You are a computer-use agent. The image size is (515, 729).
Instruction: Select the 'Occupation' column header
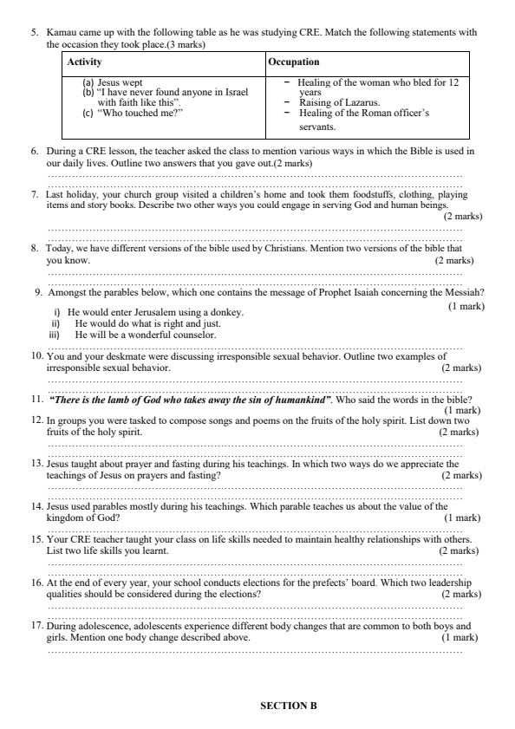(294, 62)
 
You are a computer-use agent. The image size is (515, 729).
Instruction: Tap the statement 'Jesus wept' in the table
(120, 82)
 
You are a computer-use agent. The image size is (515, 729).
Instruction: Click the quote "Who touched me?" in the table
(134, 112)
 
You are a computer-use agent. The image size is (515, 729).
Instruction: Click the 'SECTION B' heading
(289, 706)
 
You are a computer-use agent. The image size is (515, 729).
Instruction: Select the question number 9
(37, 292)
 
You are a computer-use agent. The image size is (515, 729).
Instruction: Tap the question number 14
(37, 506)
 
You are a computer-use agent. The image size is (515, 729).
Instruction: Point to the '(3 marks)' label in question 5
(186, 43)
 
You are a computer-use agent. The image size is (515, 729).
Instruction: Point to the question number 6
(36, 151)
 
